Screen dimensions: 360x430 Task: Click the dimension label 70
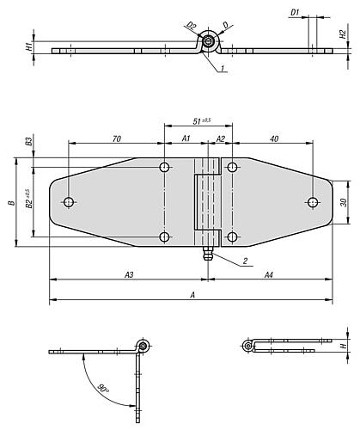tap(117, 138)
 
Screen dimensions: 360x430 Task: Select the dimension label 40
tap(274, 138)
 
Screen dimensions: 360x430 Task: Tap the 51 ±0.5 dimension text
tap(202, 121)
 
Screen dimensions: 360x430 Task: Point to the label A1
tap(186, 138)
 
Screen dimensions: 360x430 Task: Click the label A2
tap(220, 139)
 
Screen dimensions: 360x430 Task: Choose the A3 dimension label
tap(129, 275)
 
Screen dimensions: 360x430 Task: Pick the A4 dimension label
tap(269, 275)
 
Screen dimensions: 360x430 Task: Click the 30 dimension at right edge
tap(344, 202)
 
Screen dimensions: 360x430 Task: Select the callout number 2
tap(245, 261)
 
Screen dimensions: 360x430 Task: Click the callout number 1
tap(223, 68)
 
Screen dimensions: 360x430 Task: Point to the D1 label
tap(295, 13)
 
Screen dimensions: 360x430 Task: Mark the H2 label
tap(343, 34)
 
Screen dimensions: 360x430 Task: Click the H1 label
tap(28, 46)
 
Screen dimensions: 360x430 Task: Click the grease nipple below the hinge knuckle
tap(207, 254)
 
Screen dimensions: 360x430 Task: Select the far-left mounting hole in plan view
tap(69, 202)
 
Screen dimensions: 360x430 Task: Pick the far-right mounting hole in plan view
tap(313, 202)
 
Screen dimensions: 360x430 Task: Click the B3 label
tap(28, 141)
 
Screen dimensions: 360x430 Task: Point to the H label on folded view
tap(343, 346)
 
